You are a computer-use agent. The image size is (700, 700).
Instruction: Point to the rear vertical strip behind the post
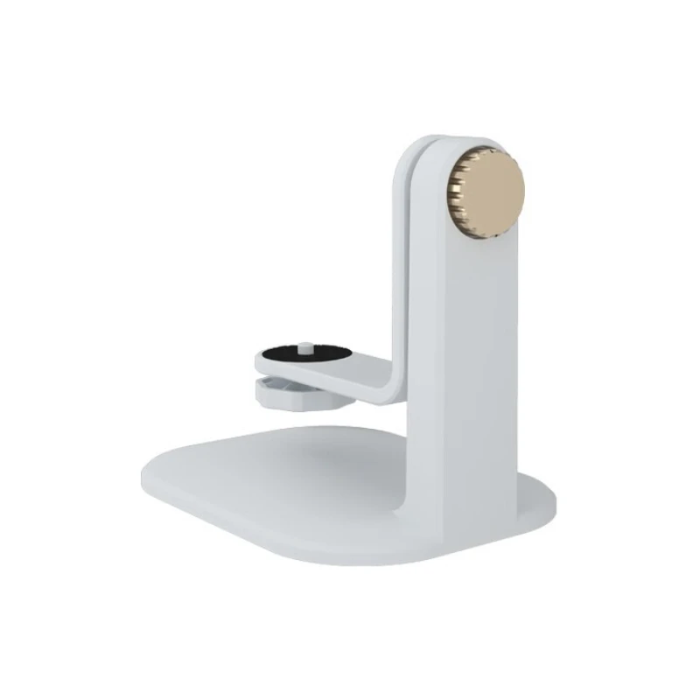click(399, 262)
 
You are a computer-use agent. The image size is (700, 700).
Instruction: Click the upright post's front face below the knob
click(477, 350)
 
